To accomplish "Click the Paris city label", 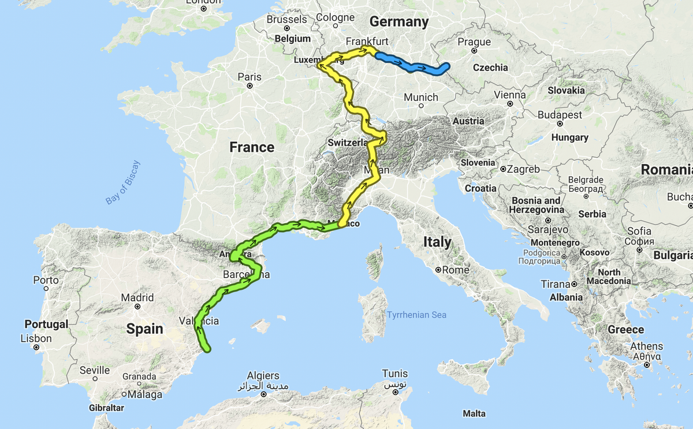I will pos(249,77).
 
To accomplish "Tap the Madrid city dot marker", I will pos(137,307).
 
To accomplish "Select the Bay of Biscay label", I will pos(123,182).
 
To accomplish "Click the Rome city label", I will pos(456,270).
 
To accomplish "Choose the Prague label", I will pos(474,42).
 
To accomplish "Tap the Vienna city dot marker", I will pos(511,105).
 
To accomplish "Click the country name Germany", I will pos(399,22).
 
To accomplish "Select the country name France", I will pos(252,147).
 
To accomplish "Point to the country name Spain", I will pos(145,329).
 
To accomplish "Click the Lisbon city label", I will pos(36,338).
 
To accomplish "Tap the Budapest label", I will pos(560,115).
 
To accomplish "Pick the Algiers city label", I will pos(263,376).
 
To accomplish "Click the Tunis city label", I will pos(394,374).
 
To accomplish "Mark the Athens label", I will pos(647,346).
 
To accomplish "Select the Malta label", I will pos(474,413).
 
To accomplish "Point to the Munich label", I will pos(420,98).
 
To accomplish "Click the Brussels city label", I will pos(287,19).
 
